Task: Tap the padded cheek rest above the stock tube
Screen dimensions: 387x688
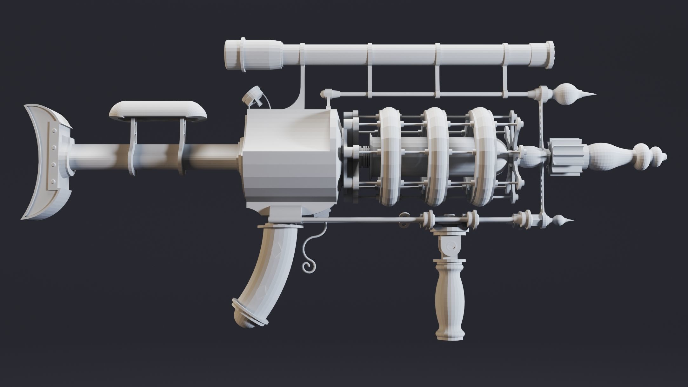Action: (157, 110)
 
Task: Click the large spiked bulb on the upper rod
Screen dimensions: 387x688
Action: (567, 94)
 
